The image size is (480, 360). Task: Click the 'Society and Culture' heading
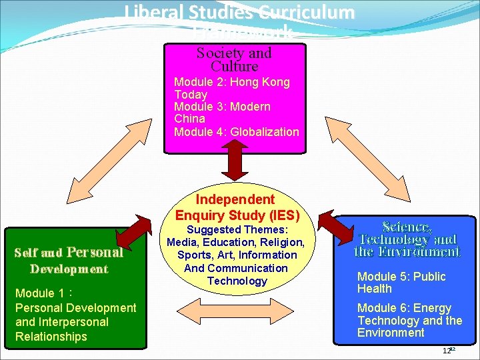[x=234, y=59]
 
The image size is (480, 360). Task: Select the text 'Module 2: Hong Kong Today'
[x=231, y=88]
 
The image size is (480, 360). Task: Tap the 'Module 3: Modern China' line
[x=222, y=113]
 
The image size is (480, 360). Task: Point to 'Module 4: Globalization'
[x=236, y=132]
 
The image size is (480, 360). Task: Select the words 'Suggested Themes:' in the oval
[x=237, y=229]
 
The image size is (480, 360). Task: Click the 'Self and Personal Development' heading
[x=69, y=261]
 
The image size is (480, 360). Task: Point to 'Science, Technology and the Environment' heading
[x=407, y=239]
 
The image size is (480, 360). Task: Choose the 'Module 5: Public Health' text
[x=401, y=283]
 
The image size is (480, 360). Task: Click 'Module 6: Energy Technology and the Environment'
[x=409, y=320]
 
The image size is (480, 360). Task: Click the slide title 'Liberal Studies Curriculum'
[x=239, y=12]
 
